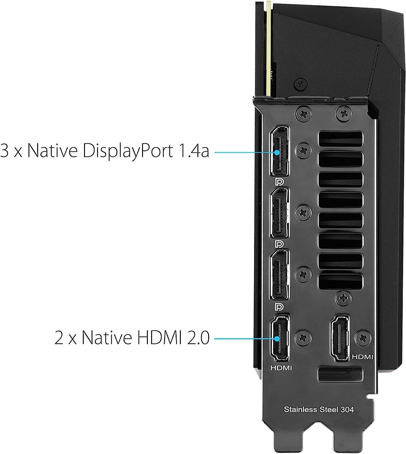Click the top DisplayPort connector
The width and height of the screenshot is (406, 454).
click(x=280, y=151)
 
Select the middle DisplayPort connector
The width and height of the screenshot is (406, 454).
click(x=280, y=213)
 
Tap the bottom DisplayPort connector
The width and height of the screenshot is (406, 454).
click(x=280, y=275)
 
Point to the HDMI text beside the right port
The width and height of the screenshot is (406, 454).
click(x=362, y=357)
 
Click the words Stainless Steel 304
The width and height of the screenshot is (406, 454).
click(x=319, y=410)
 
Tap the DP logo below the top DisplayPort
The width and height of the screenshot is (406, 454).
click(x=279, y=182)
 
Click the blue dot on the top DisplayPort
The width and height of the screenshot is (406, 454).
click(x=277, y=153)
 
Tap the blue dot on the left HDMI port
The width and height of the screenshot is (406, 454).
click(x=277, y=338)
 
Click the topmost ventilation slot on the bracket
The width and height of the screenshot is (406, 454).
click(x=340, y=139)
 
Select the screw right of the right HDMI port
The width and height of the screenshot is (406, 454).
click(x=363, y=338)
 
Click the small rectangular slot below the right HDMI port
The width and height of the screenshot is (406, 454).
click(x=340, y=374)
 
